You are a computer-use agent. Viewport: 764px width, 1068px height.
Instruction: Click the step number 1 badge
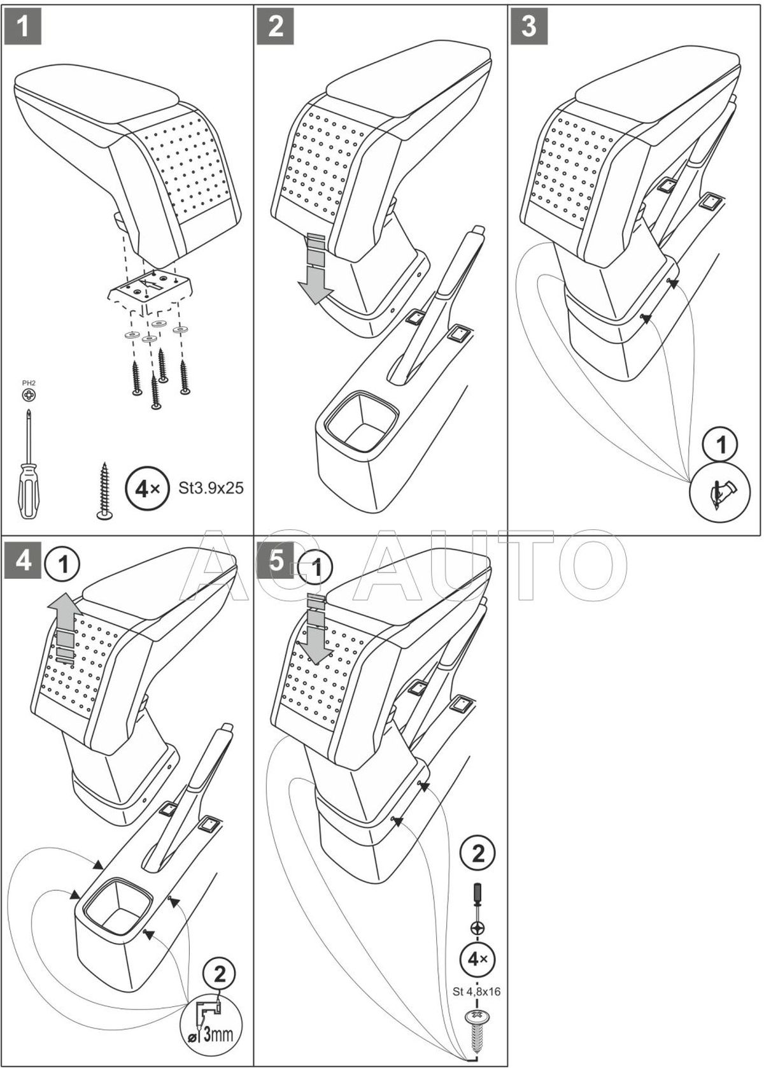tap(23, 26)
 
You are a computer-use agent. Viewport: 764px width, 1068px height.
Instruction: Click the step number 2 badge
tap(276, 26)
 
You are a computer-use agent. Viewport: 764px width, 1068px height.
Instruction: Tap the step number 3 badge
tap(529, 26)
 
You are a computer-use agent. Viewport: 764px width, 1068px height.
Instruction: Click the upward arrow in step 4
tap(66, 630)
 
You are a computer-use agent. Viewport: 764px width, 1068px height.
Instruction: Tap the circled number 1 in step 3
tap(722, 446)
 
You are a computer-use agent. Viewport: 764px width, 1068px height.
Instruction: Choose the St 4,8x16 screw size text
tap(477, 991)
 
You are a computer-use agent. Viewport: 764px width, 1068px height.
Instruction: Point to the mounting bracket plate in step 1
tap(150, 288)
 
